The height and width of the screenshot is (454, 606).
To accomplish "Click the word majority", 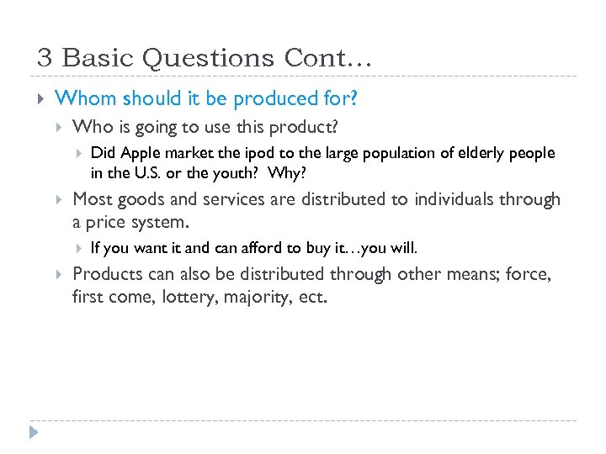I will [256, 297].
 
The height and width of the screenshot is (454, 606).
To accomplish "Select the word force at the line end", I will [530, 274].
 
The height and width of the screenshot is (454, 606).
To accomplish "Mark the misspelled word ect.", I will [311, 297].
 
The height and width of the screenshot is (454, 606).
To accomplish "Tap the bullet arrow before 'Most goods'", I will [59, 200].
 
